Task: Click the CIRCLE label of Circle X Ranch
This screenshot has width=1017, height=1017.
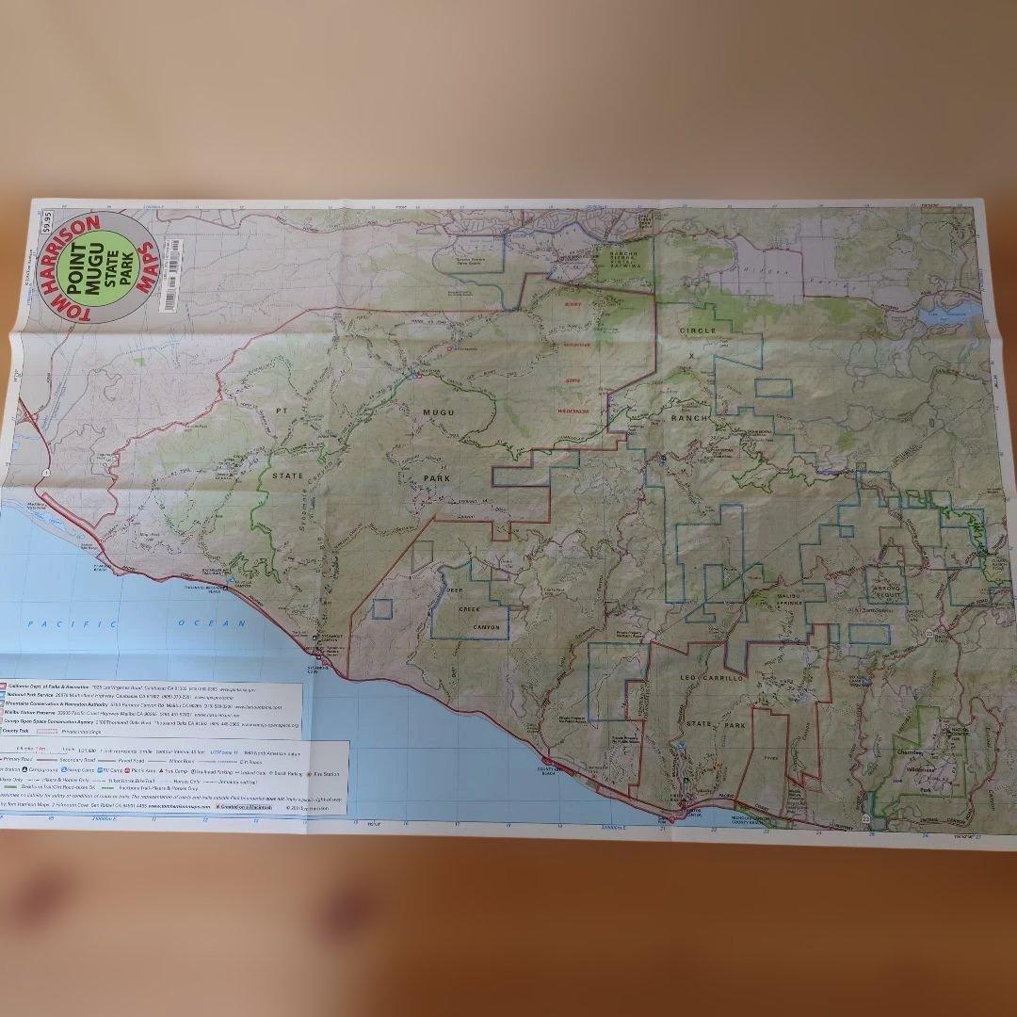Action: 698,331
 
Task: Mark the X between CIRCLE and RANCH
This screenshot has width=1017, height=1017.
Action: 692,357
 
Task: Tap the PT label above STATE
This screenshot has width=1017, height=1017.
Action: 282,412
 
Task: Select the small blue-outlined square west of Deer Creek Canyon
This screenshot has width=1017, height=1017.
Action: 381,608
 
